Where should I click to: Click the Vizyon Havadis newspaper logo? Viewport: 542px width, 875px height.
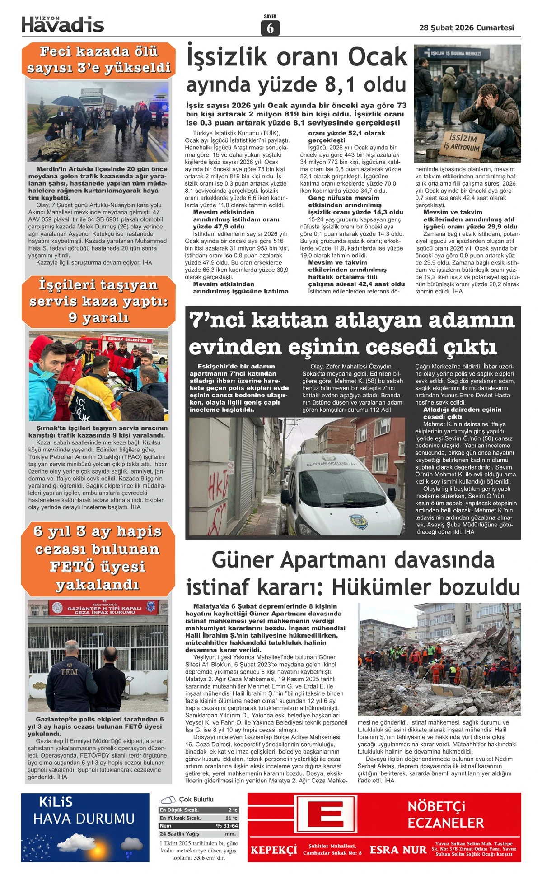pos(63,24)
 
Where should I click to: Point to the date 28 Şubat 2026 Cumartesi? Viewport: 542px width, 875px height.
pos(466,28)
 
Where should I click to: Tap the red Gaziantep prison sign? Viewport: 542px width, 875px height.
pos(104,609)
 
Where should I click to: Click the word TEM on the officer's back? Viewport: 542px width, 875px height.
pos(69,672)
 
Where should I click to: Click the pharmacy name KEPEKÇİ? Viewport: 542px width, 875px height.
pos(274,850)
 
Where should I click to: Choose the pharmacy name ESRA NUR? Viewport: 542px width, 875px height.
pos(398,850)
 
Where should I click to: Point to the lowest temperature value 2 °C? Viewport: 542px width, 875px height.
pos(233,810)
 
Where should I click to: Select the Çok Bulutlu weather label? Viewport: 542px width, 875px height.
pos(196,800)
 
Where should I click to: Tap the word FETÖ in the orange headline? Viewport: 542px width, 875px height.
pos(72,567)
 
